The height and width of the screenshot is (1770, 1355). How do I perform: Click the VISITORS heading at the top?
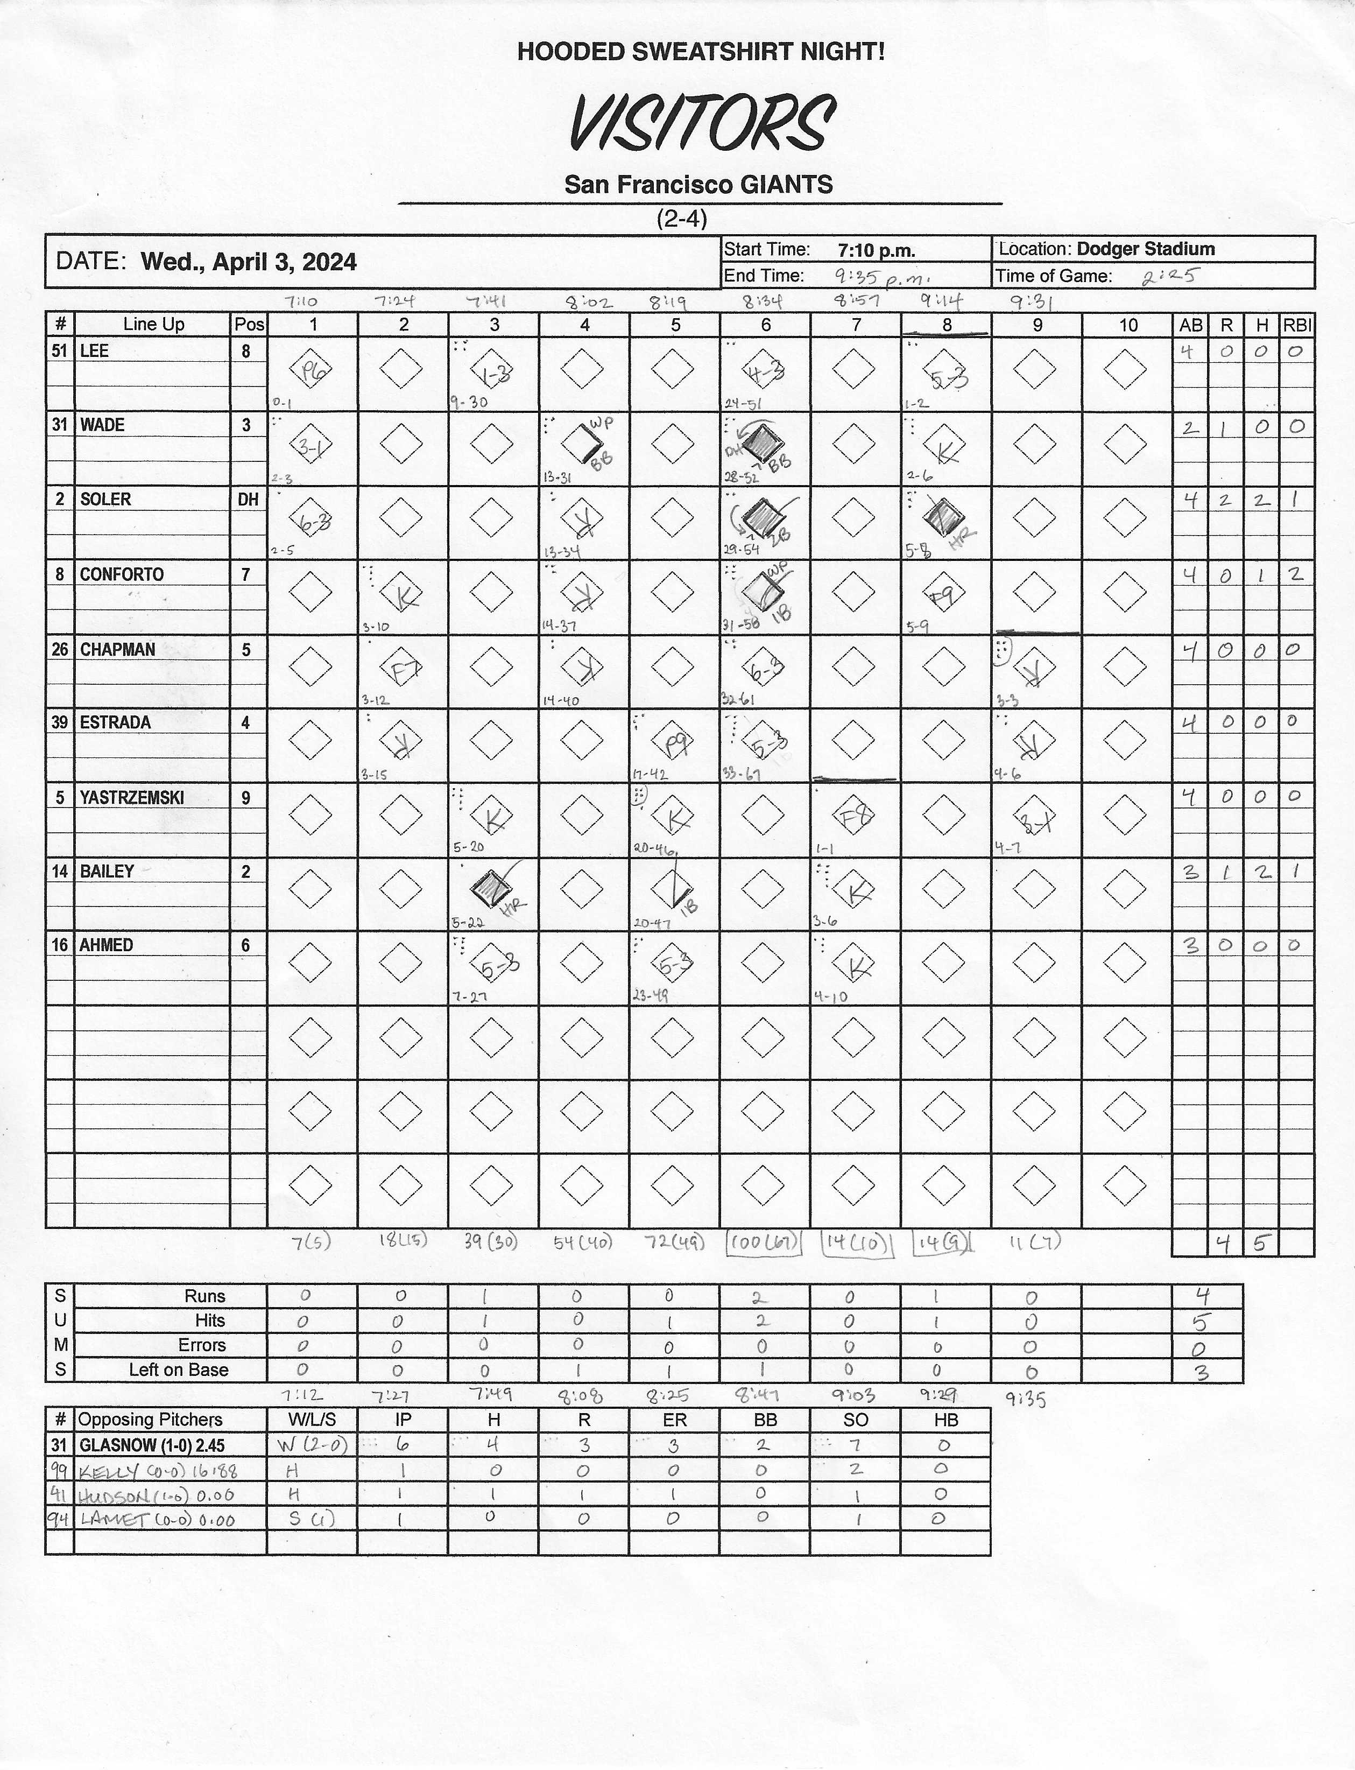[701, 123]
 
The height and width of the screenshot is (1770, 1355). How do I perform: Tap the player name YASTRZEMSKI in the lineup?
[131, 798]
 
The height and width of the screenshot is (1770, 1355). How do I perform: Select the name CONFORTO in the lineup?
[121, 574]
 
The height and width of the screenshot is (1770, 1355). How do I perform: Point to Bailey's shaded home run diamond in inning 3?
[490, 888]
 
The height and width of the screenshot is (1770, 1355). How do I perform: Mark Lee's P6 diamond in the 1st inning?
[310, 371]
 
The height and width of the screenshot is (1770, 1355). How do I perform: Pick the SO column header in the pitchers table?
[855, 1420]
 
